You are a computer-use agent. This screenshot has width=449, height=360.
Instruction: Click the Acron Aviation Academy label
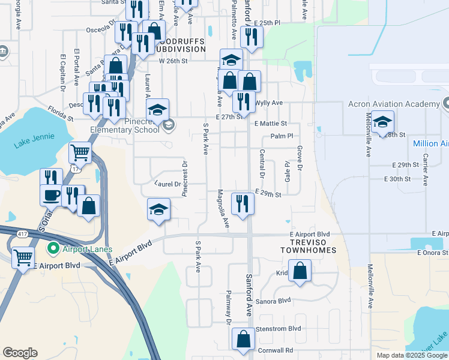pyautogui.click(x=394, y=104)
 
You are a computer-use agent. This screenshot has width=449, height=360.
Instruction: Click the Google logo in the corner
pyautogui.click(x=20, y=353)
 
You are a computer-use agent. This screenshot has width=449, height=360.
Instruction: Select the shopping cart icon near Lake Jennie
pyautogui.click(x=79, y=152)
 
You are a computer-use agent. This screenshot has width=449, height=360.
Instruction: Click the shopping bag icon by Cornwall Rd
pyautogui.click(x=243, y=338)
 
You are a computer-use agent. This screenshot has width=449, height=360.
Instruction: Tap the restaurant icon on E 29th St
pyautogui.click(x=243, y=203)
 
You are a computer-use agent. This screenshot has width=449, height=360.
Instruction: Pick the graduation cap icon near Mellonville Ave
pyautogui.click(x=382, y=121)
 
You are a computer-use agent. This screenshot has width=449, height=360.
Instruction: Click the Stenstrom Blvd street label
pyautogui.click(x=278, y=329)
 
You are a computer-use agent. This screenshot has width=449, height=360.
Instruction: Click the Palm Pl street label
pyautogui.click(x=281, y=136)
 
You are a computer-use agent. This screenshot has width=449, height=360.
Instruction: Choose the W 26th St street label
pyautogui.click(x=173, y=61)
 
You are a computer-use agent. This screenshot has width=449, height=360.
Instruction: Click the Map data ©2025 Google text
pyautogui.click(x=411, y=355)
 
